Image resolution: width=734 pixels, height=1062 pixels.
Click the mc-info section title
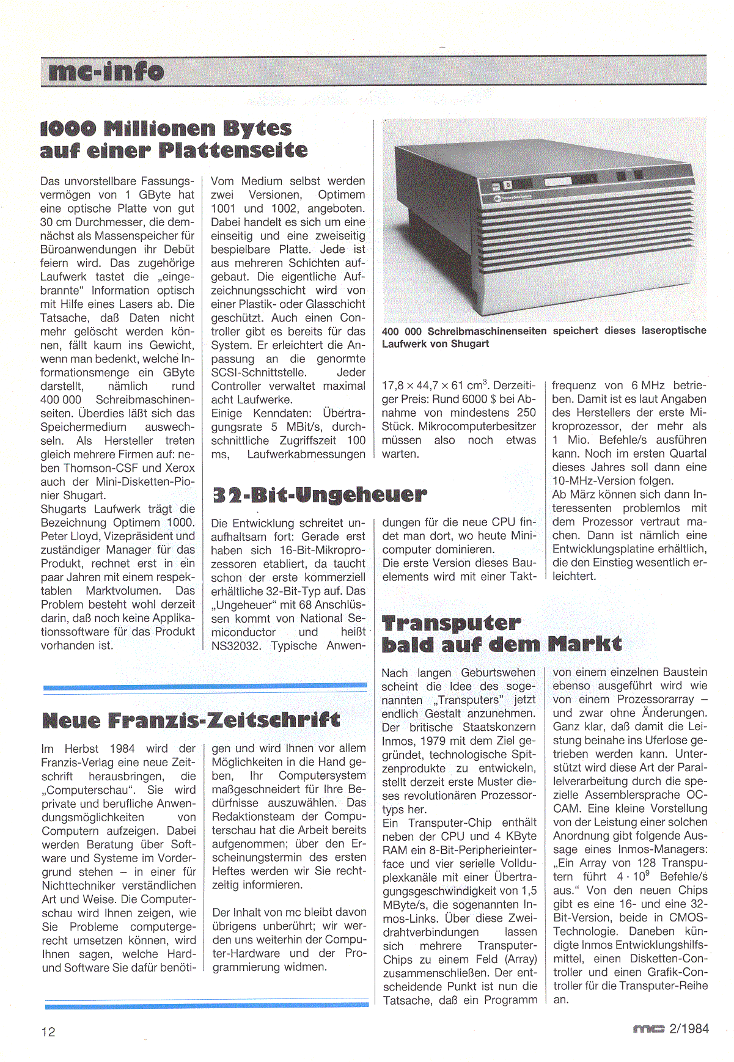[106, 71]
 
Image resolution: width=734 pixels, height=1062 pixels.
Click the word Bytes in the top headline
[257, 128]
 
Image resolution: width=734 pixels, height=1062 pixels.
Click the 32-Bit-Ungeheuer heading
[319, 494]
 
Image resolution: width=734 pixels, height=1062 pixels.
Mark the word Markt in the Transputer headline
[584, 644]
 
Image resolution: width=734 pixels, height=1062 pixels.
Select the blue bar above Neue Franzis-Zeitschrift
[205, 687]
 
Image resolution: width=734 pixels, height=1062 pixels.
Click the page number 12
[48, 1032]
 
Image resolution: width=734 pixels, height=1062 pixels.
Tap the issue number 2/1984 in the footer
[689, 1028]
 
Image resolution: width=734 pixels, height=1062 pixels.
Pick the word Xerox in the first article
[180, 468]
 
